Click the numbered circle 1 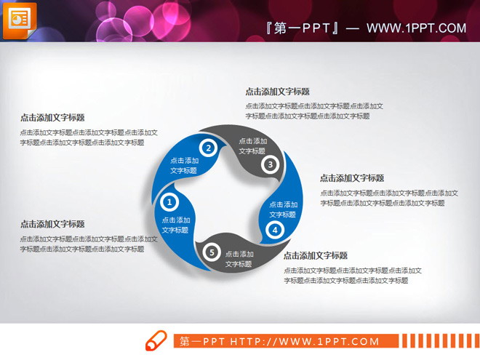point(169,201)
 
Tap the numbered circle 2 point(208,148)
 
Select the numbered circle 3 point(270,164)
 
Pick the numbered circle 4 point(274,231)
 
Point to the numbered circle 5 point(212,252)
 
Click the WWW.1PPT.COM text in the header point(416,28)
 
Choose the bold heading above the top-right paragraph point(277,92)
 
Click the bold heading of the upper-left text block point(52,117)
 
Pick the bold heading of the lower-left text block point(52,224)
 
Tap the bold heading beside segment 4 point(352,178)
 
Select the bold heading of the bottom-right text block point(316,255)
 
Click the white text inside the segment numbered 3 point(252,146)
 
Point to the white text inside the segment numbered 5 point(239,259)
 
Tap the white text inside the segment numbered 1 point(176,225)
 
